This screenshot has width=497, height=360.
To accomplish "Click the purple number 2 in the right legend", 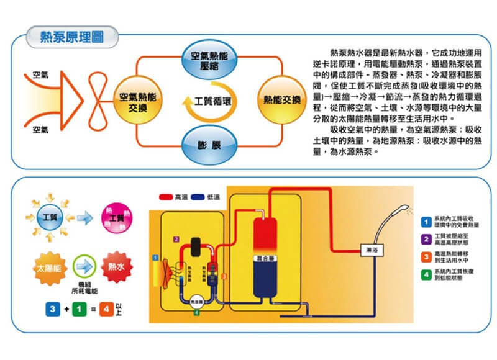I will click(426, 240).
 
